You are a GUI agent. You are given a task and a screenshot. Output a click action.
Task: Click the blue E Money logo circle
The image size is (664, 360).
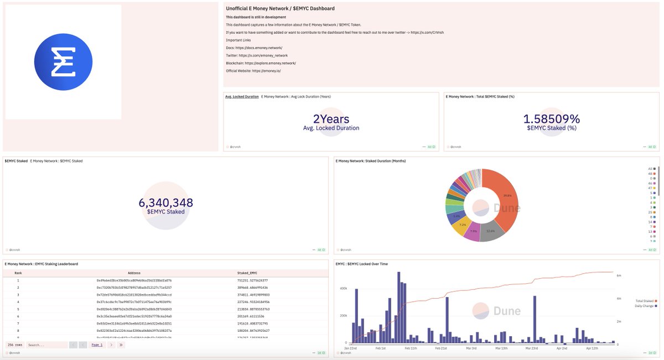pyautogui.click(x=63, y=62)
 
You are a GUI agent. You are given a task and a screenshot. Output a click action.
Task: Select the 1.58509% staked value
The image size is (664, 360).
pyautogui.click(x=552, y=119)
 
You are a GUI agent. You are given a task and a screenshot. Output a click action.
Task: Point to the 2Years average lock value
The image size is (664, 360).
pyautogui.click(x=331, y=119)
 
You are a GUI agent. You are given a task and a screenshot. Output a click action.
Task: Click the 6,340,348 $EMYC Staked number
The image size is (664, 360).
pyautogui.click(x=165, y=203)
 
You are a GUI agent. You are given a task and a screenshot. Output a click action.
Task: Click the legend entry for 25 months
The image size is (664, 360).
pyautogui.click(x=651, y=212)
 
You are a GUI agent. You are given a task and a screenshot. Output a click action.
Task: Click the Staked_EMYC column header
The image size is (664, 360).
pyautogui.click(x=248, y=273)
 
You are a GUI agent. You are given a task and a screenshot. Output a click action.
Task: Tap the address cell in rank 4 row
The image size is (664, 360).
pyautogui.click(x=134, y=302)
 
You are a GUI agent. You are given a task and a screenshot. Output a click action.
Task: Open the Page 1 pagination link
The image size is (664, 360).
pyautogui.click(x=97, y=345)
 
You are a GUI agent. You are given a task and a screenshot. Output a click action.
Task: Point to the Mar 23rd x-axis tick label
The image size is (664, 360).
pyautogui.click(x=531, y=348)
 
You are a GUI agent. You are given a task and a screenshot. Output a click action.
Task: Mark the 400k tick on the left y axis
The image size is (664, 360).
pyautogui.click(x=343, y=288)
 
